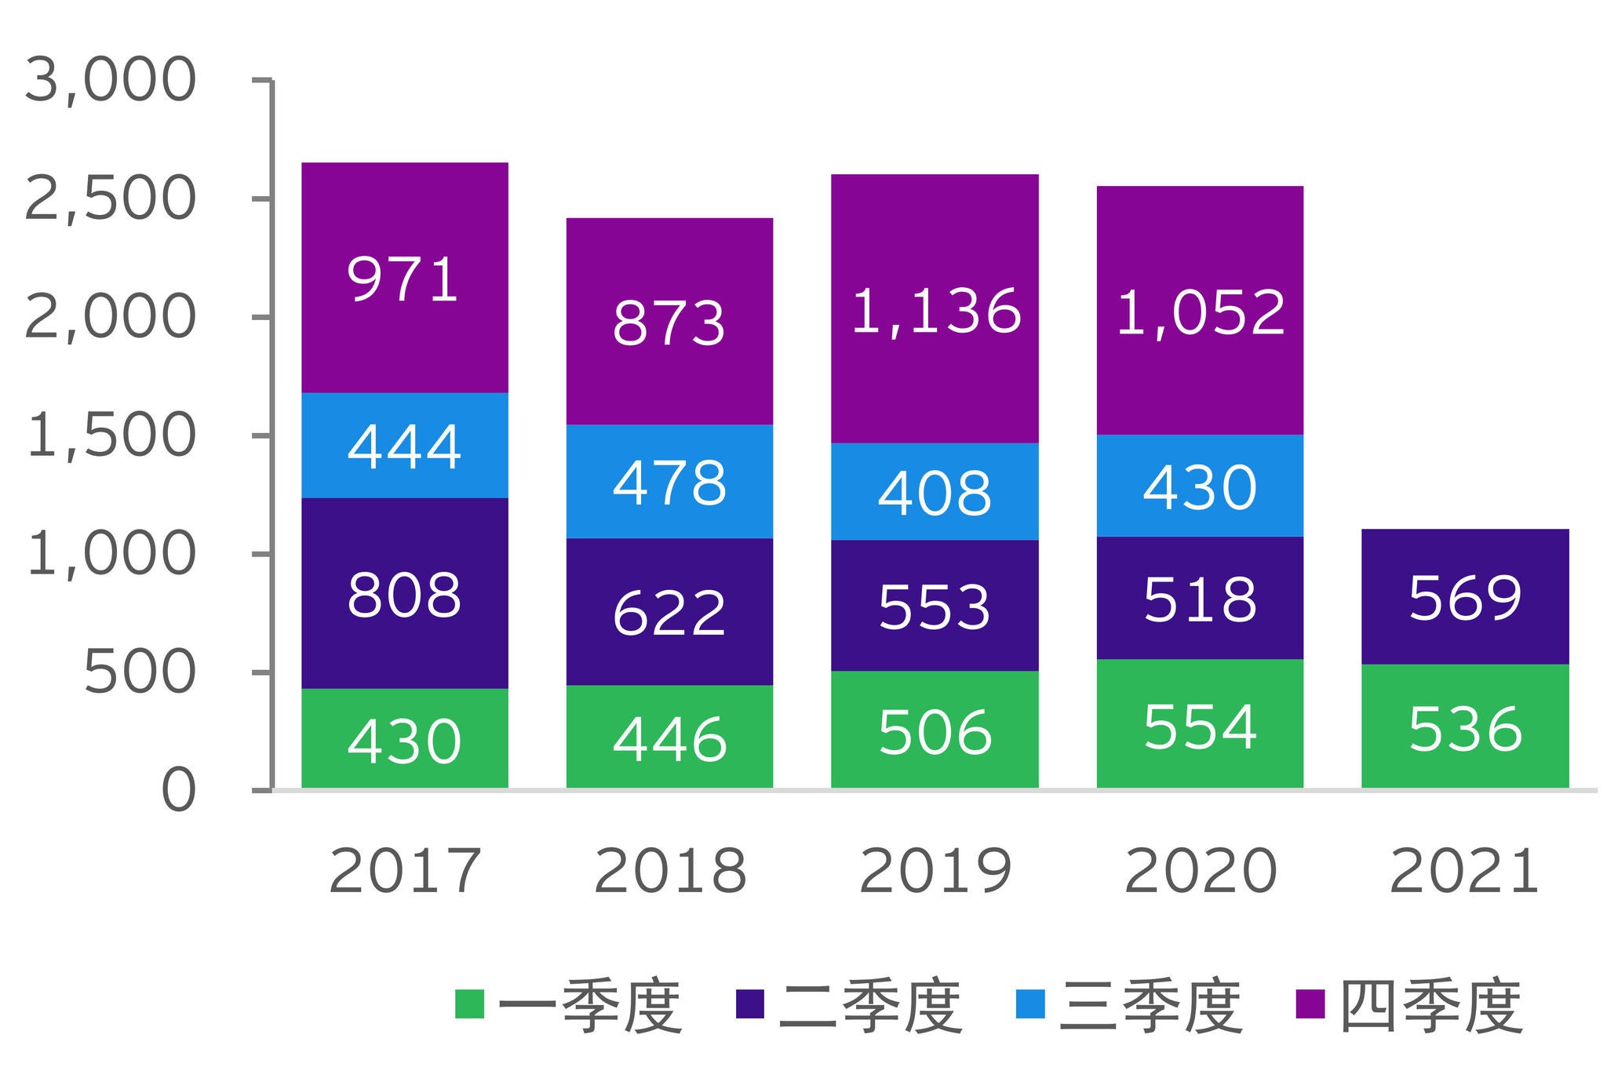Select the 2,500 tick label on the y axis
[110, 199]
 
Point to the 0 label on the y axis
[178, 790]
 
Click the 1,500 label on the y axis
[110, 435]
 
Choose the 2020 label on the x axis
[1201, 871]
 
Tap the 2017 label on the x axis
[404, 871]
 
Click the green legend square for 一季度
[469, 1004]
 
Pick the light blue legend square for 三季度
[1030, 1004]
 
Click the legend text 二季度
[869, 1007]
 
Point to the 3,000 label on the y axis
[110, 80]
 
